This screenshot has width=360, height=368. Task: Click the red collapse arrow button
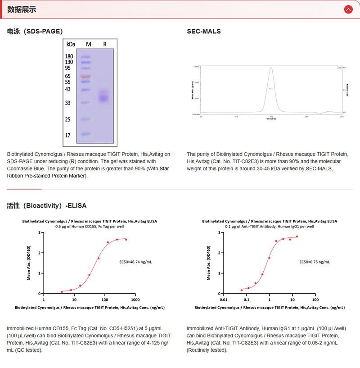pyautogui.click(x=348, y=9)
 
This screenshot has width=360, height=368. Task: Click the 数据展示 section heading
pyautogui.click(x=22, y=9)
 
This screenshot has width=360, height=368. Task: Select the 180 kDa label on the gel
pyautogui.click(x=69, y=56)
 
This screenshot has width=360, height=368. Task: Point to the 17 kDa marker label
pyautogui.click(x=67, y=135)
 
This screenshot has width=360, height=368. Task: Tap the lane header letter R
pyautogui.click(x=105, y=44)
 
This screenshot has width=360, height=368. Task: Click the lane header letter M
pyautogui.click(x=88, y=44)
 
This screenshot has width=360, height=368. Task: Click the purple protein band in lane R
pyautogui.click(x=104, y=97)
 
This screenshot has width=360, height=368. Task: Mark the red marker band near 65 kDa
pyautogui.click(x=85, y=77)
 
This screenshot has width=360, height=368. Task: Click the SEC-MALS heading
pyautogui.click(x=204, y=32)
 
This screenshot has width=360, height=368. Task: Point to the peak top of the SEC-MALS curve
pyautogui.click(x=271, y=68)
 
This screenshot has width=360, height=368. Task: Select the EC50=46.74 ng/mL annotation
pyautogui.click(x=135, y=261)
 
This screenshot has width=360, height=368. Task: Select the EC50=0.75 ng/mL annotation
pyautogui.click(x=314, y=261)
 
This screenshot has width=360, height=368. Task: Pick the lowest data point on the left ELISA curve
pyautogui.click(x=62, y=291)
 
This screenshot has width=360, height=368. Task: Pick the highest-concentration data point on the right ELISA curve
pyautogui.click(x=297, y=236)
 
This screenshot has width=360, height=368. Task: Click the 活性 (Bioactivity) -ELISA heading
pyautogui.click(x=47, y=205)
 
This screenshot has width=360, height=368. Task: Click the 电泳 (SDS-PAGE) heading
pyautogui.click(x=35, y=32)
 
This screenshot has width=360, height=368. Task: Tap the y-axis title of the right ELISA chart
pyautogui.click(x=208, y=263)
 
